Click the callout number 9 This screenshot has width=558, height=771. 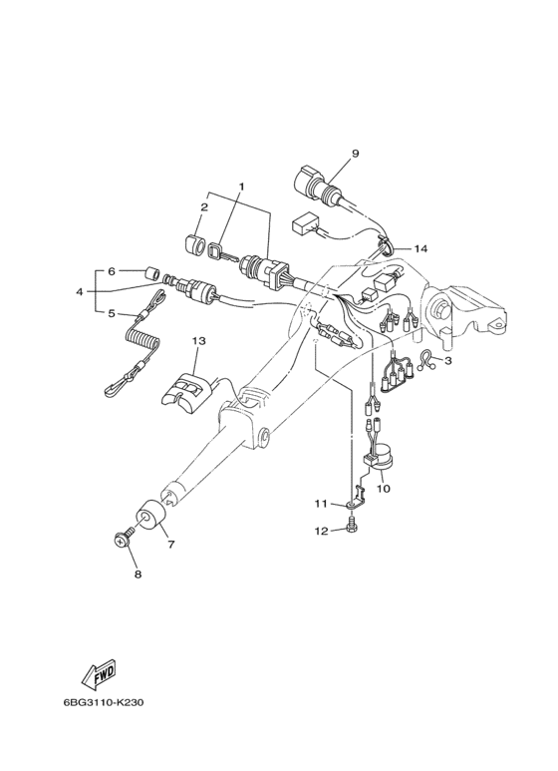point(355,154)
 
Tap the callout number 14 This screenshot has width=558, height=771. point(420,248)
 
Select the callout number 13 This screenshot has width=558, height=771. point(199,340)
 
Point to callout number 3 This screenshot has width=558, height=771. point(447,361)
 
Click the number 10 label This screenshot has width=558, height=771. point(384,489)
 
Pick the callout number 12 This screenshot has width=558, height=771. point(321,532)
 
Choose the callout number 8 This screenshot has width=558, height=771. point(139,574)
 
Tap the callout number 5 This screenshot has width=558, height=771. point(111,313)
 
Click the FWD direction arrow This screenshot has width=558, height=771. point(99,673)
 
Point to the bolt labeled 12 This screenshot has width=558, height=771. point(352,524)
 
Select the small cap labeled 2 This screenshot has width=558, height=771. point(194,245)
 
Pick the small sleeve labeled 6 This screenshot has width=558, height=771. point(153,272)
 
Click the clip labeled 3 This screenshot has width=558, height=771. point(426,360)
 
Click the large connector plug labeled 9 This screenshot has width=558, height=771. point(316,190)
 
